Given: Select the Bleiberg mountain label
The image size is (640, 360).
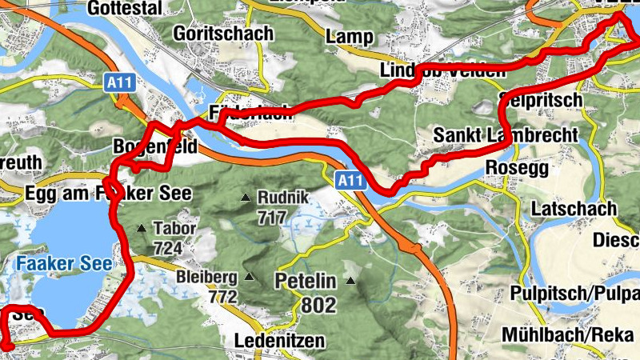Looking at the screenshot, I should click(x=207, y=278).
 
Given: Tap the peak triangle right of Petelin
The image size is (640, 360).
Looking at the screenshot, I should click(x=351, y=281).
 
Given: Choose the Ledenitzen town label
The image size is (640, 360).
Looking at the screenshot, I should click(x=280, y=342).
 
